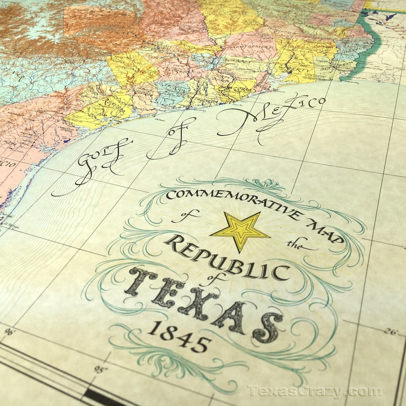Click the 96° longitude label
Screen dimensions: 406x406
click(x=8, y=332)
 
